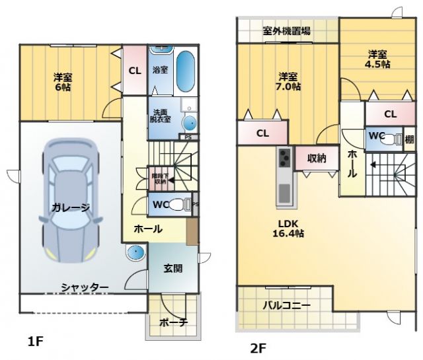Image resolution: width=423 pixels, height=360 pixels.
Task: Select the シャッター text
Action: pyautogui.click(x=85, y=287)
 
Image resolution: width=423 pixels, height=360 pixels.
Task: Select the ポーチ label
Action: pyautogui.click(x=174, y=322)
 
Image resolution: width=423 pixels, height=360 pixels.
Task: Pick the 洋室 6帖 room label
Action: pyautogui.click(x=63, y=82)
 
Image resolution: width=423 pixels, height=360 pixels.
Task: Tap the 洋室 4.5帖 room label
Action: pyautogui.click(x=377, y=59)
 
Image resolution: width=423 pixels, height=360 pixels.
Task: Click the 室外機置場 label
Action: pyautogui.click(x=287, y=30)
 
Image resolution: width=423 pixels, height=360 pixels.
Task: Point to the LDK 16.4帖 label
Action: pyautogui.click(x=289, y=228)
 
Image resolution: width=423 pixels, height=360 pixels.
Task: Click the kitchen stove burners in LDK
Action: pyautogui.click(x=285, y=159)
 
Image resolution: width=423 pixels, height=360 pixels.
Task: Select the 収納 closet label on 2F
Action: pyautogui.click(x=317, y=158)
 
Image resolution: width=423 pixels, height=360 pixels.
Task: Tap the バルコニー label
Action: pyautogui.click(x=287, y=305)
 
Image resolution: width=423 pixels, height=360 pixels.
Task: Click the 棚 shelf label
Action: pyautogui.click(x=410, y=139)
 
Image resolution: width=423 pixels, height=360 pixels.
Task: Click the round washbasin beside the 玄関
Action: pyautogui.click(x=136, y=253)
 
